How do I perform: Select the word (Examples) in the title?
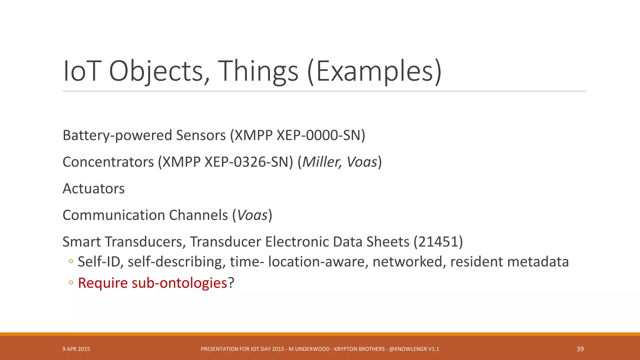374,71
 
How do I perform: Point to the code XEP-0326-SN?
248,162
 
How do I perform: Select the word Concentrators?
108,162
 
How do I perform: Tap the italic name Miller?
322,162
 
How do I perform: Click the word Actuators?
93,189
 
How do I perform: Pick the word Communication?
114,215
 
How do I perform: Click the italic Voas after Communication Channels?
252,215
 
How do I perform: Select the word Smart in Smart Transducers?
82,242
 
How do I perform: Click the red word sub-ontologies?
179,283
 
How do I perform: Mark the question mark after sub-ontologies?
231,283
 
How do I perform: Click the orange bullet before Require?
71,283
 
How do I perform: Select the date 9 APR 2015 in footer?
76,349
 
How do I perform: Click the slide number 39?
580,349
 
